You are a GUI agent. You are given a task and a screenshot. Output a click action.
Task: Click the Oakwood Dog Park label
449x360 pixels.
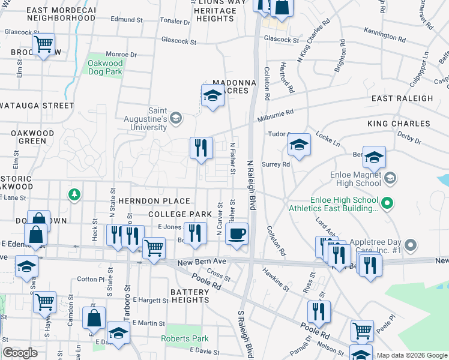click(105, 67)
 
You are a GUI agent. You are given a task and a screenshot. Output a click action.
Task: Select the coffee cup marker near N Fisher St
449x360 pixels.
click(237, 233)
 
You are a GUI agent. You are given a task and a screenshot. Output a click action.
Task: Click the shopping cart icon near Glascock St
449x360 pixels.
click(43, 44)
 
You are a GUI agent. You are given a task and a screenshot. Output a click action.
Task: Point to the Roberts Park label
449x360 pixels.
click(185, 338)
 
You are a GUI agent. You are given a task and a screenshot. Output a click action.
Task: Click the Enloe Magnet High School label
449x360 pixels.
click(356, 178)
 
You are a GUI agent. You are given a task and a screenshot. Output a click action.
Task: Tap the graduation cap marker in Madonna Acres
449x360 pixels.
click(212, 95)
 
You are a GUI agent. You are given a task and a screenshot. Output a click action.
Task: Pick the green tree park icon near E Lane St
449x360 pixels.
click(74, 194)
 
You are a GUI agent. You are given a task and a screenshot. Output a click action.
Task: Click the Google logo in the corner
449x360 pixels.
click(20, 353)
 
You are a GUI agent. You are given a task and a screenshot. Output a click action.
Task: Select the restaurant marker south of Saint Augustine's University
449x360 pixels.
click(201, 147)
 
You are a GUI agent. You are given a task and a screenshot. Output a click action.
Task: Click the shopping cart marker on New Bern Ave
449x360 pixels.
click(154, 247)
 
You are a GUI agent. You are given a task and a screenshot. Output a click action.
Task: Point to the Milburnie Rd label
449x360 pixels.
click(276, 112)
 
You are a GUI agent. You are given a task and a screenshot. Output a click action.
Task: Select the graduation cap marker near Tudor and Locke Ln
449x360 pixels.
click(299, 144)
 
